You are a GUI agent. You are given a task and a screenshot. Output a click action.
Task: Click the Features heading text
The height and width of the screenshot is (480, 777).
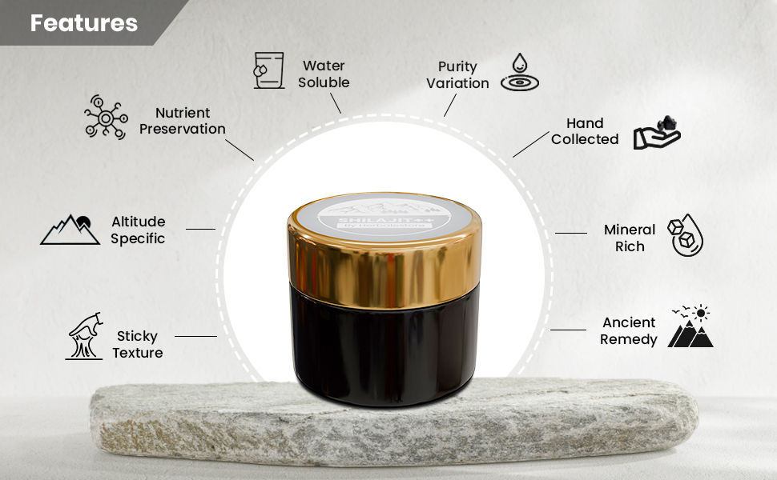pyautogui.click(x=83, y=23)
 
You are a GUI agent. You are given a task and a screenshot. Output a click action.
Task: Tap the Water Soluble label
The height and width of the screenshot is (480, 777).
pyautogui.click(x=324, y=74)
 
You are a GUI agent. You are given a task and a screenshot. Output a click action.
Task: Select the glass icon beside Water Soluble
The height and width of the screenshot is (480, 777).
pyautogui.click(x=268, y=70)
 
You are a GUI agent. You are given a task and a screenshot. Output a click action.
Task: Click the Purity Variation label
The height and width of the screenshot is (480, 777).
pyautogui.click(x=457, y=74)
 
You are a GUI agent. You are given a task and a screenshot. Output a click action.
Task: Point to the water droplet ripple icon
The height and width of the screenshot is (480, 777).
pyautogui.click(x=519, y=72)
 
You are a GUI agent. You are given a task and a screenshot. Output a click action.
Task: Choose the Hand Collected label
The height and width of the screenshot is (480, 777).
pyautogui.click(x=585, y=131)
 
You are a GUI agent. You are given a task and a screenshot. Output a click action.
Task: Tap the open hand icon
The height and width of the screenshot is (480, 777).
pyautogui.click(x=656, y=134)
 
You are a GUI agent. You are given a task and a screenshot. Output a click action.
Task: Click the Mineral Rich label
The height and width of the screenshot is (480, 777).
pyautogui.click(x=630, y=238)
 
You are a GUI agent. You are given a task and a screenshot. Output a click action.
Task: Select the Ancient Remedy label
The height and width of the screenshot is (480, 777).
pyautogui.click(x=629, y=330)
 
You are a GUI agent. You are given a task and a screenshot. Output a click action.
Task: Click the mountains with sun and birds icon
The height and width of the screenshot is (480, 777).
pyautogui.click(x=690, y=327)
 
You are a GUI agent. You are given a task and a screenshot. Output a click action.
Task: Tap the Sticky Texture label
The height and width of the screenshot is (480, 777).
pyautogui.click(x=138, y=344)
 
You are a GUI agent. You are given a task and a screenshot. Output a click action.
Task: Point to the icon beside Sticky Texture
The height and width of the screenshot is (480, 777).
pyautogui.click(x=84, y=336)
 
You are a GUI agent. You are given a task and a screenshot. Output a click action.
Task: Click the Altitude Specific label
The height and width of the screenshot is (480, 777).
pyautogui.click(x=138, y=230)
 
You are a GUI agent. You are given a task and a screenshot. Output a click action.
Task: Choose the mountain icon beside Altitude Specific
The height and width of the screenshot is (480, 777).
pyautogui.click(x=70, y=229)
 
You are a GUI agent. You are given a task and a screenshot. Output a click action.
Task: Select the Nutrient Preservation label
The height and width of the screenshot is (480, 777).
pyautogui.click(x=183, y=121)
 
